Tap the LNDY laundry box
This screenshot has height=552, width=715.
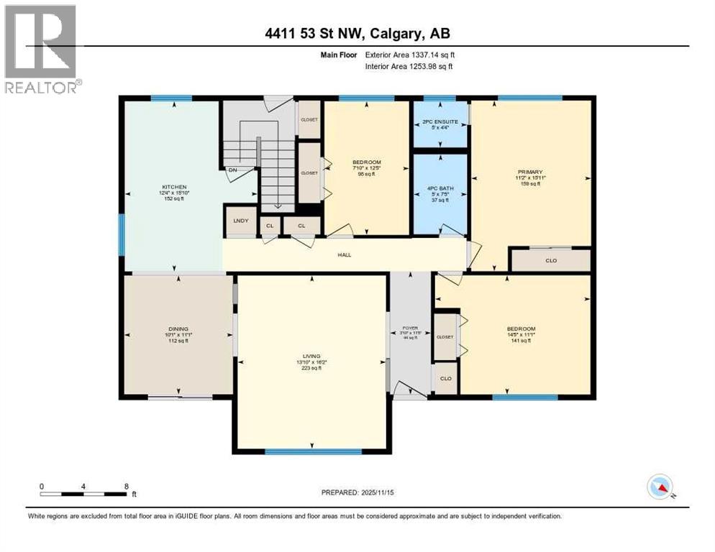241,221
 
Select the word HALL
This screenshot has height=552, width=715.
345,254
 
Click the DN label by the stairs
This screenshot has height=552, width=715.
232,170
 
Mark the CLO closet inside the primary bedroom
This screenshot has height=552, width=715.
550,260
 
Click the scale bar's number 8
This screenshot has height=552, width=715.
126,486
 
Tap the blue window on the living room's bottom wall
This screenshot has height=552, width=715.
312,451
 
